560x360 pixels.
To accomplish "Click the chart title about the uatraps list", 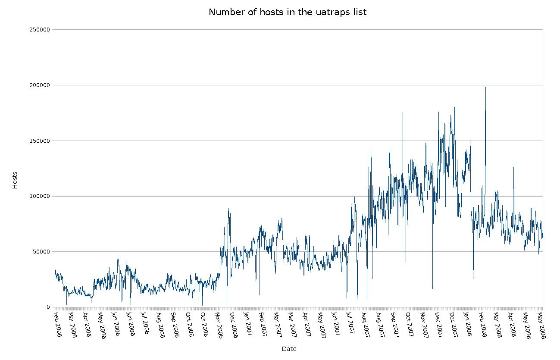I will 287,12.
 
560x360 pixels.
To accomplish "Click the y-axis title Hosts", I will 15,180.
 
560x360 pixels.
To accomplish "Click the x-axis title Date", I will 289,349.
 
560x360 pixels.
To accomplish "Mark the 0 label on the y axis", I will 48,307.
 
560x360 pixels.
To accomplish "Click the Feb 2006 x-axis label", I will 57,324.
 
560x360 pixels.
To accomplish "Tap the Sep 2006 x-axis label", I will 175,324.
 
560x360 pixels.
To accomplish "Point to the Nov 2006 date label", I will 219,324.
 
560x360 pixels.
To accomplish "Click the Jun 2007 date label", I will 335,324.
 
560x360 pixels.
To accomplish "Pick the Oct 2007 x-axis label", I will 408,324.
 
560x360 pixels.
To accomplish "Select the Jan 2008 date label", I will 467,324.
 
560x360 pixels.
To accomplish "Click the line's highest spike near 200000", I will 485,88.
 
